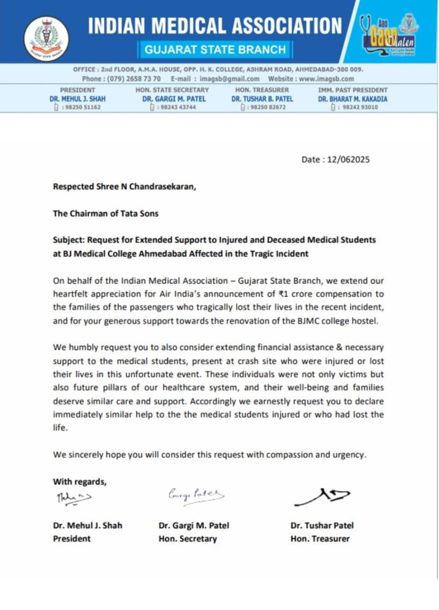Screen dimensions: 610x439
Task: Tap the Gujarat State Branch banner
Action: pyautogui.click(x=215, y=49)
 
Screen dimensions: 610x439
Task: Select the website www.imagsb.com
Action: pyautogui.click(x=325, y=78)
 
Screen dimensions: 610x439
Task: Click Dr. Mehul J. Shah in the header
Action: pyautogui.click(x=78, y=99)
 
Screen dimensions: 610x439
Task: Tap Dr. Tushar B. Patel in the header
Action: pyautogui.click(x=262, y=99)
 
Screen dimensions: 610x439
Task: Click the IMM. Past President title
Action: pyautogui.click(x=353, y=90)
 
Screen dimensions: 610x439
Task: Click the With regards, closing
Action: pyautogui.click(x=80, y=481)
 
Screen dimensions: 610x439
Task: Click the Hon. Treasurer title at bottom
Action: pyautogui.click(x=320, y=538)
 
